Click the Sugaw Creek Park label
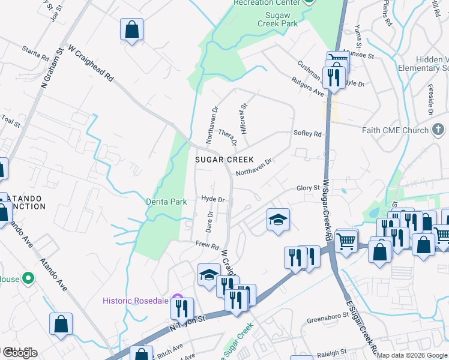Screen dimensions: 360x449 pyautogui.click(x=277, y=18)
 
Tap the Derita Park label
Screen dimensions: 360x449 pyautogui.click(x=166, y=202)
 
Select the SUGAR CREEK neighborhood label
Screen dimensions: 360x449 pyautogui.click(x=220, y=160)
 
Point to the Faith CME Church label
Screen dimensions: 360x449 pyautogui.click(x=395, y=130)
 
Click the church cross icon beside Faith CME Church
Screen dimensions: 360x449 pyautogui.click(x=438, y=130)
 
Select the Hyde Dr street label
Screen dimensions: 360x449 pyautogui.click(x=212, y=199)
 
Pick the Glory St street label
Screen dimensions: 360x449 pyautogui.click(x=309, y=188)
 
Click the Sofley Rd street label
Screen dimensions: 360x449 pyautogui.click(x=307, y=134)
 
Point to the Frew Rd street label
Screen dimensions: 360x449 pyautogui.click(x=206, y=244)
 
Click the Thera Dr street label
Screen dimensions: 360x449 pyautogui.click(x=228, y=137)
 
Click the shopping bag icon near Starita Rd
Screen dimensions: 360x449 pyautogui.click(x=131, y=29)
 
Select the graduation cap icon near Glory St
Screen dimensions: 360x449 pyautogui.click(x=279, y=220)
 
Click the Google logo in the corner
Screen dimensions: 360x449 pyautogui.click(x=19, y=353)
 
